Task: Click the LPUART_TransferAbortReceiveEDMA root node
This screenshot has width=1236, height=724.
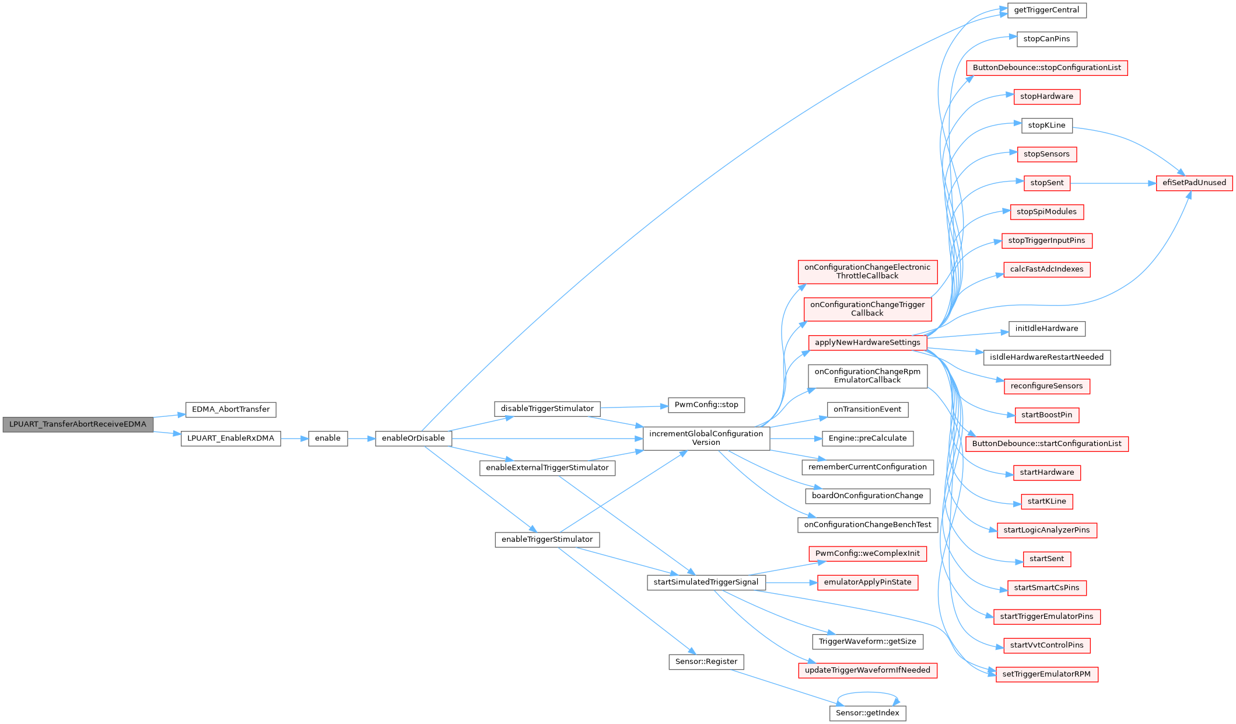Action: pos(78,424)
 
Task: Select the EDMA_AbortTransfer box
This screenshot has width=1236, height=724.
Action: pos(230,409)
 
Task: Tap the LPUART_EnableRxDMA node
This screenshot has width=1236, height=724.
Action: pos(230,438)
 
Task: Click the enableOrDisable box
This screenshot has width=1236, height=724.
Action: pos(413,438)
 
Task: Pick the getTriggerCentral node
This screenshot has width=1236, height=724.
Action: pos(1046,11)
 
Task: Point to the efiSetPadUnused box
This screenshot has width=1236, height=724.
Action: pos(1194,183)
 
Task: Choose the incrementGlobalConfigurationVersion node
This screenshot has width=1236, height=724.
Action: pos(706,438)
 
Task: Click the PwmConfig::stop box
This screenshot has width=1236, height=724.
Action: pos(706,405)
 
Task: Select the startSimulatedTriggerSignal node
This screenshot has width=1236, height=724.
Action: pos(706,582)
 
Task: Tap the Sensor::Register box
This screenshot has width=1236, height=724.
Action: pos(706,662)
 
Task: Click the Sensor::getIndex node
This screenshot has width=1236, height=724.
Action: pos(867,713)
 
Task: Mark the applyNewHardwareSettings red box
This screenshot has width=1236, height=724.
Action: pos(867,343)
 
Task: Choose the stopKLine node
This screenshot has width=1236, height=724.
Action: pos(1046,126)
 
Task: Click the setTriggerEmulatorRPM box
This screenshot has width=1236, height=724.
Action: pos(1046,674)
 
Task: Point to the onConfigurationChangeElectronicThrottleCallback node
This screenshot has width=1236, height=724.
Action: pos(867,272)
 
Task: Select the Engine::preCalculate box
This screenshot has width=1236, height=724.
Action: pos(867,438)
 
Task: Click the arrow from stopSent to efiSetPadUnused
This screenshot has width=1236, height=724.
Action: pos(1113,183)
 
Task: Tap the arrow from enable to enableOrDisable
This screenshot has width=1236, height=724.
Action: pos(361,438)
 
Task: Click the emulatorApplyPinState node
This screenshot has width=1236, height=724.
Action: pos(867,583)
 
